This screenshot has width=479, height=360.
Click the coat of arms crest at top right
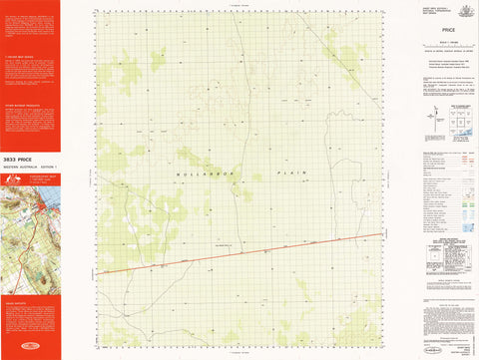click(x=459, y=9)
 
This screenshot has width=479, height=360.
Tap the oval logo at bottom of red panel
click(x=30, y=348)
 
